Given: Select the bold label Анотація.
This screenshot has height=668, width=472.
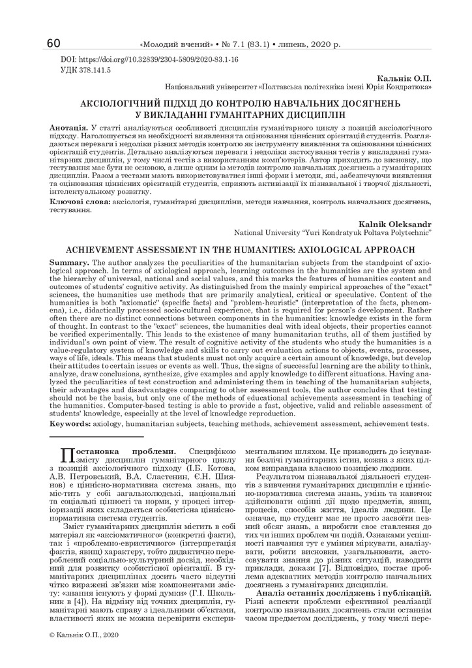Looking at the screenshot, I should [x=68, y=124].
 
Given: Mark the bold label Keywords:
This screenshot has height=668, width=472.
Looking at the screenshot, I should [x=70, y=423].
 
